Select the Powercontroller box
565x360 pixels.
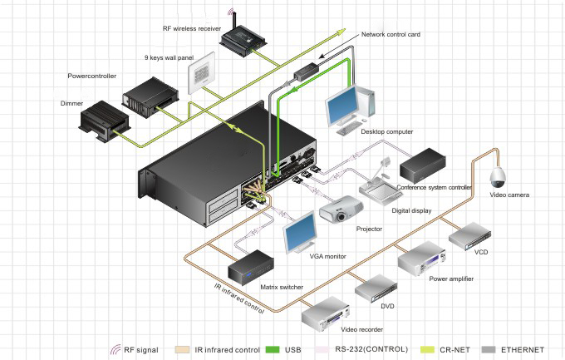[148, 95]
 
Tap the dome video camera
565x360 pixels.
[499, 176]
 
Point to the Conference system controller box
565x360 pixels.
[425, 165]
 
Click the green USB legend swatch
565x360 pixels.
[272, 350]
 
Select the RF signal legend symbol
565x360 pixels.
[115, 350]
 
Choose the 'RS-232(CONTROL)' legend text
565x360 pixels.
[372, 350]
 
